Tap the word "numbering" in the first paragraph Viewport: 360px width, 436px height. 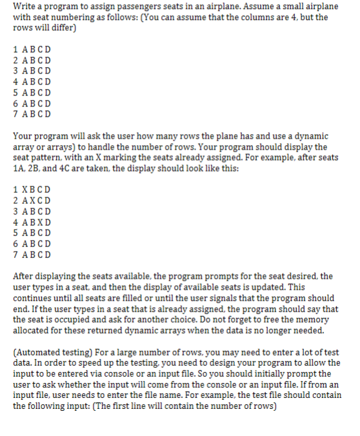(x=77, y=17)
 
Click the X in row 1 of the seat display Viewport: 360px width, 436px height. (x=26, y=190)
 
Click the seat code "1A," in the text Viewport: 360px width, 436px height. (x=20, y=167)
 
